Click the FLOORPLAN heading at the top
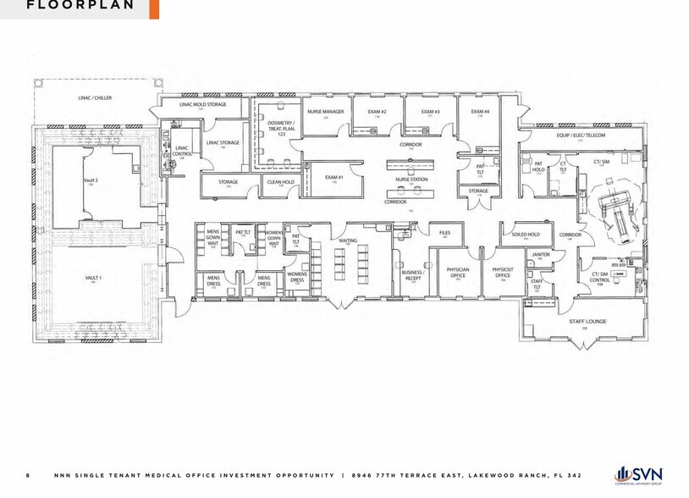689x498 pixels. [x=80, y=5]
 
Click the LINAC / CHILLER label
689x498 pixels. [x=96, y=98]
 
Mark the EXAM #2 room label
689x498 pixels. [x=377, y=112]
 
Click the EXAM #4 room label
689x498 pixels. [x=480, y=112]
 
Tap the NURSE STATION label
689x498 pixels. [x=411, y=180]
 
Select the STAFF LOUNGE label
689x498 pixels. [x=582, y=322]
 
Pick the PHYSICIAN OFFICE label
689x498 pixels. [x=458, y=273]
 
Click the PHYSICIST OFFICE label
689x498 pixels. [x=503, y=273]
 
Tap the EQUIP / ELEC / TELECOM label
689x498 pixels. [x=581, y=136]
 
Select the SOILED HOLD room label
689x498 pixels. [x=526, y=235]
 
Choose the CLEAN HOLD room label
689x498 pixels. [x=280, y=182]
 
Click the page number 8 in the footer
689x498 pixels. [x=28, y=475]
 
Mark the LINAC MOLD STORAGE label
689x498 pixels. [x=202, y=105]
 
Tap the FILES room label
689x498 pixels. [x=444, y=231]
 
